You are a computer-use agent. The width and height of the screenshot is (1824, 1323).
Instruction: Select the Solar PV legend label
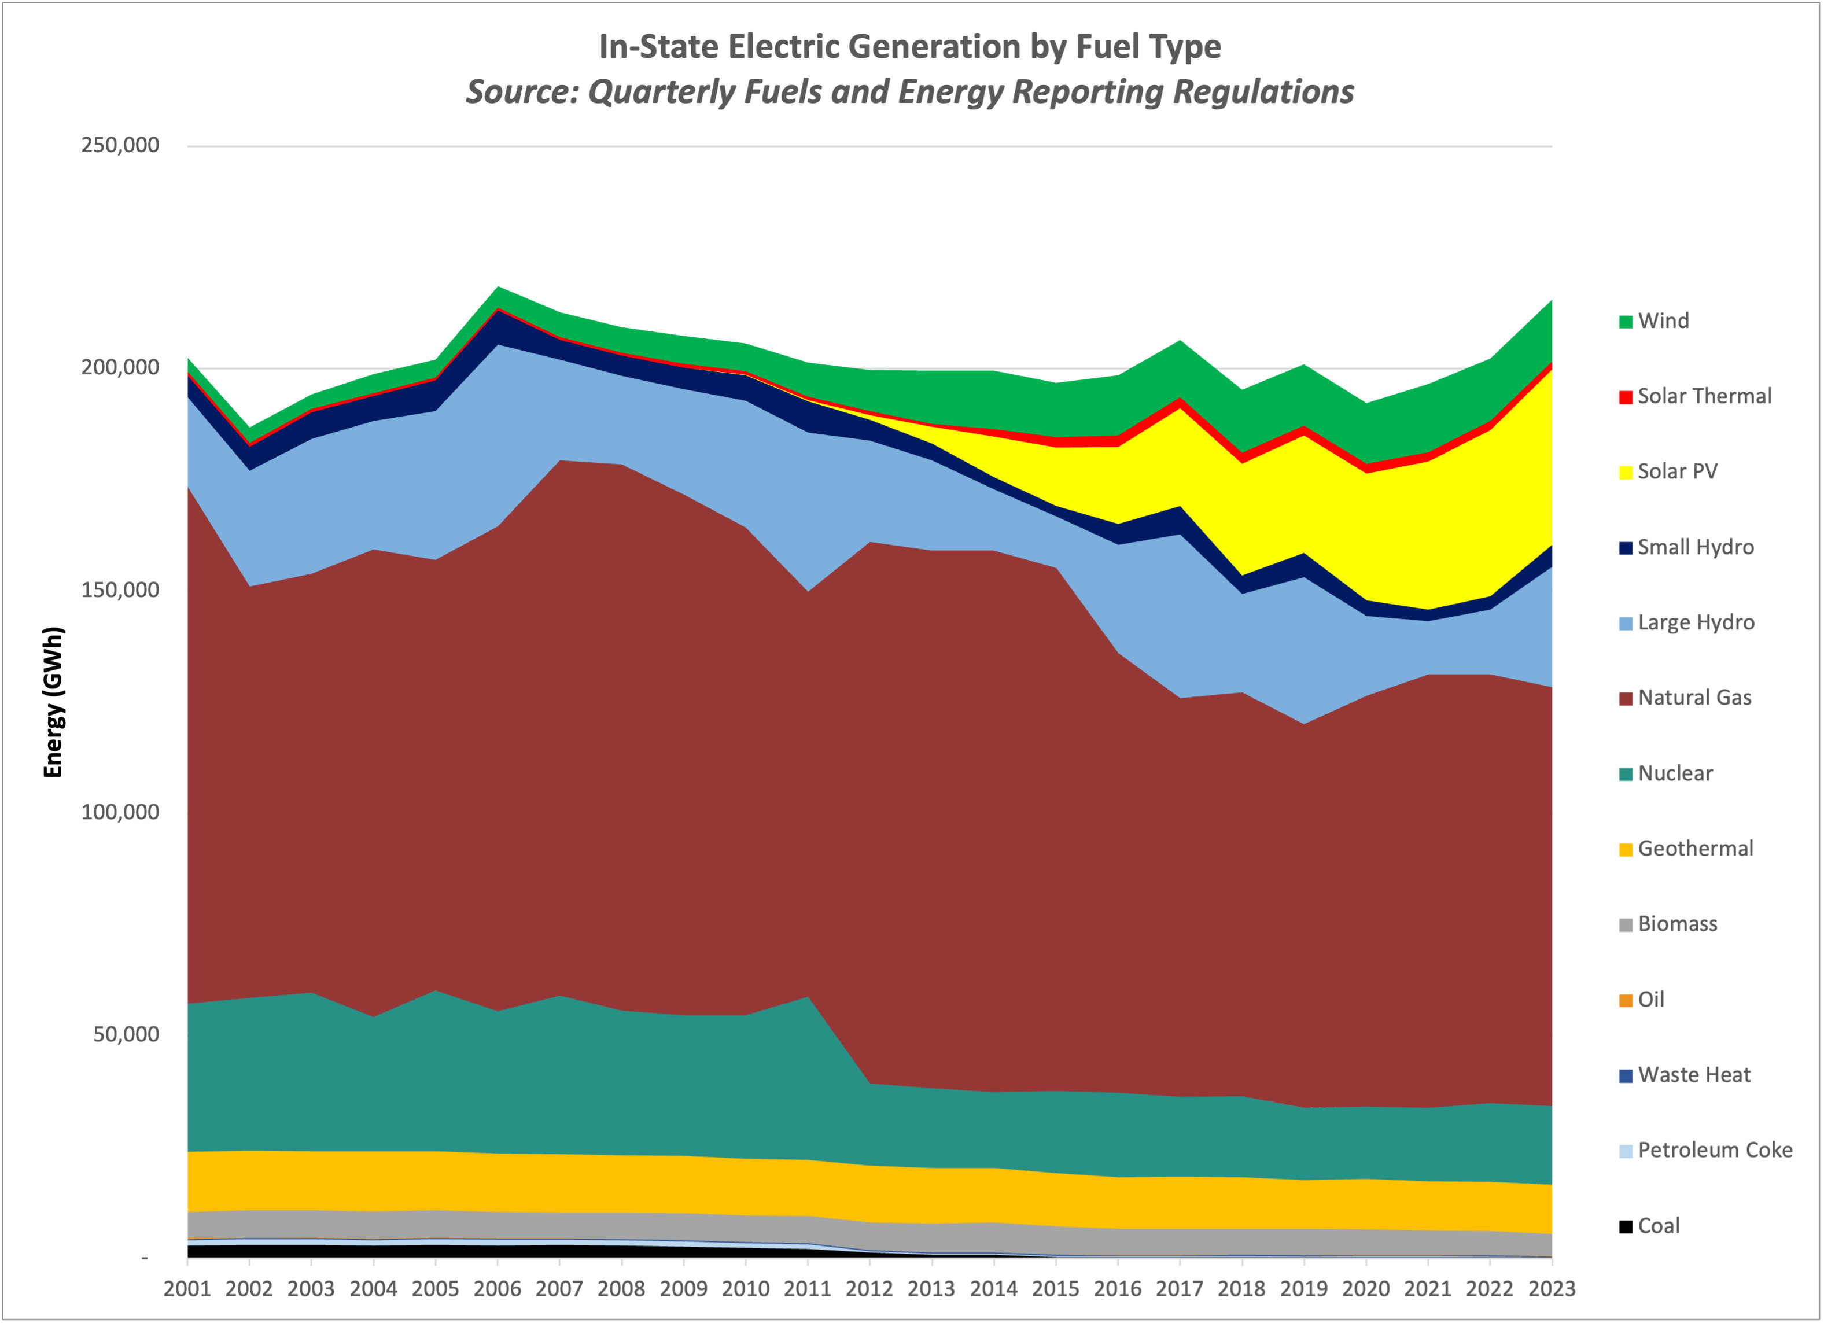pos(1677,471)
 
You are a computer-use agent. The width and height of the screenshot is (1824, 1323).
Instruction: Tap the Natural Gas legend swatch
pos(1626,699)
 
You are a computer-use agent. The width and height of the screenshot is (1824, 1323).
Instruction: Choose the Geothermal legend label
pos(1694,849)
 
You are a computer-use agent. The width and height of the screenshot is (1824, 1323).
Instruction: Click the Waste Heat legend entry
pos(1693,1075)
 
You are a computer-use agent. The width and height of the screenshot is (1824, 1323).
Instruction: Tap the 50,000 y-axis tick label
pos(126,1034)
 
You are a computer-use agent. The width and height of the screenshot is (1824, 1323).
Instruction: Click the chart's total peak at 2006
pos(498,286)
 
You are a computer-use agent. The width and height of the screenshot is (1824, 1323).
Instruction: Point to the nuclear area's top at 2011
pos(808,997)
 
